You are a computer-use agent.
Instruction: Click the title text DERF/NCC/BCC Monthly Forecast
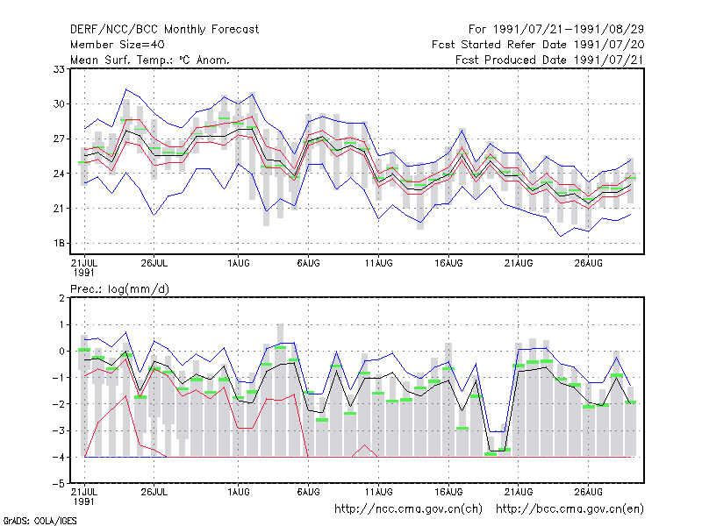164,30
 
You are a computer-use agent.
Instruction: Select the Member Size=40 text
118,45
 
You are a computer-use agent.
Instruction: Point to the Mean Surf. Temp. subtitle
150,60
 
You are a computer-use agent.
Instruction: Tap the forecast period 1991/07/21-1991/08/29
556,30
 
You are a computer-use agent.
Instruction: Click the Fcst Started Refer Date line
538,45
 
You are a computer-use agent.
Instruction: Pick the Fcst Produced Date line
550,60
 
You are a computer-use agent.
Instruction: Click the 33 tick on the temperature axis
59,69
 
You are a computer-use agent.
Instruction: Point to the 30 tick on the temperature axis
59,103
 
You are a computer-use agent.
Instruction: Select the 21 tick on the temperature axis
59,209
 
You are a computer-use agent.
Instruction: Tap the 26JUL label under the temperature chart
154,263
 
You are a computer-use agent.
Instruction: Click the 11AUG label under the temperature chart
378,263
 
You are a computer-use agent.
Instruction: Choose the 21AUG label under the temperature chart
519,263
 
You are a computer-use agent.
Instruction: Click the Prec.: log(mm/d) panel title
120,289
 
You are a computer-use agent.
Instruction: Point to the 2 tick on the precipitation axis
61,298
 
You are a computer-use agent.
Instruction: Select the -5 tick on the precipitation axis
59,484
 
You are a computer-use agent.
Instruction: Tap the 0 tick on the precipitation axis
61,352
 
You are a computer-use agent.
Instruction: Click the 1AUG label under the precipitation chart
238,492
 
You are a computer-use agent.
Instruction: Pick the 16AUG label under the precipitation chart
448,492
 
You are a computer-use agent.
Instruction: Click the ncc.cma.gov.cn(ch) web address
408,509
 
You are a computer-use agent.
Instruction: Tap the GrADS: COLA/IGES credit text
39,521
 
